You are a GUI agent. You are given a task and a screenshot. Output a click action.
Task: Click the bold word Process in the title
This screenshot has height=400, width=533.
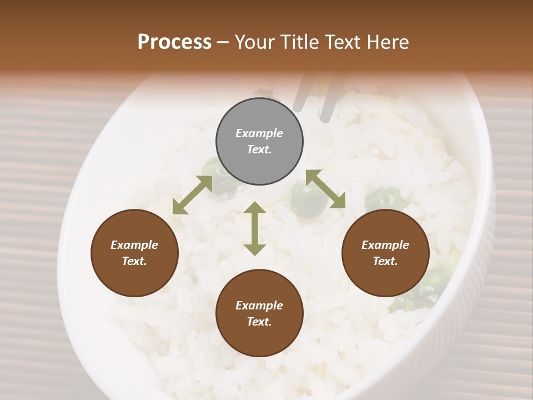(174, 42)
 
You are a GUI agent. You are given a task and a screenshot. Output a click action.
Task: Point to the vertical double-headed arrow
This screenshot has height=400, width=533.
(255, 228)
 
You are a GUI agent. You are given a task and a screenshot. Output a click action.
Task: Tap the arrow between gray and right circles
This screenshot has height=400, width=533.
(325, 189)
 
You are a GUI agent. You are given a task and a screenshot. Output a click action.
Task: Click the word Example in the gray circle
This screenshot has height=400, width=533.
(259, 133)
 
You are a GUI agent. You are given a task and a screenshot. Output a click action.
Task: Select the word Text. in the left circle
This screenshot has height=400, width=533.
(134, 261)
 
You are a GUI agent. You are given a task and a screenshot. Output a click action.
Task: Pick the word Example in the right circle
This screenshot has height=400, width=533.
(385, 245)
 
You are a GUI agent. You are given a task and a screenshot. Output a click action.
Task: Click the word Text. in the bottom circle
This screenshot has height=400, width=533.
(259, 322)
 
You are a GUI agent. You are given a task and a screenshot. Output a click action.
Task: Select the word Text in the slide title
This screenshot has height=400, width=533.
(341, 42)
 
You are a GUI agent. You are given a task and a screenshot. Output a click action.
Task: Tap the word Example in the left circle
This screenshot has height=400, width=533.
(134, 245)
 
